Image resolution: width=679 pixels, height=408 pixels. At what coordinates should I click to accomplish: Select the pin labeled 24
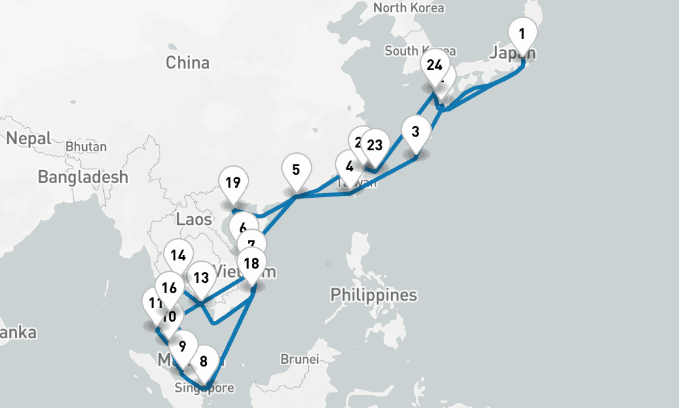pos(435,66)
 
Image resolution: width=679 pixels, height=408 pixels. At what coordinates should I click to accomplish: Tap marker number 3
pos(416,131)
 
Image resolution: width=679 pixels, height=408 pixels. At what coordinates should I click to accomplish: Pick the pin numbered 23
pos(375,145)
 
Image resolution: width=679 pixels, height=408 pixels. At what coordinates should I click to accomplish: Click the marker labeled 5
pos(296,169)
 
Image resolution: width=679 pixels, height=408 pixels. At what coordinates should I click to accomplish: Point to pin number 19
pos(233,183)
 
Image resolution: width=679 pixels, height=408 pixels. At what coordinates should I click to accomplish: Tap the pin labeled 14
pos(179,256)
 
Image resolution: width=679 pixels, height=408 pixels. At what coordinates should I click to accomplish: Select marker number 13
pos(201,277)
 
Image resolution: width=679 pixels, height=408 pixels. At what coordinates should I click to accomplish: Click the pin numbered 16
pos(169,288)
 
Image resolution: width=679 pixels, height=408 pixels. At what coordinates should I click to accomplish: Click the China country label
pos(187,63)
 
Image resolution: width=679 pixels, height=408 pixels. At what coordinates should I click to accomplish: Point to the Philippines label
pos(373,295)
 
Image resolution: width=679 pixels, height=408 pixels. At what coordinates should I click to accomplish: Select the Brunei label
pos(299,358)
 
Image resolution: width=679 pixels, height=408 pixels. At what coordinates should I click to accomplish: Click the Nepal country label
pos(29,138)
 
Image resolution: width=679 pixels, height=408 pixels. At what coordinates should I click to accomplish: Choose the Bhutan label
pos(86,146)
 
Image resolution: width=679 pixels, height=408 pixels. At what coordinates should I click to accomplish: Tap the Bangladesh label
pos(83,177)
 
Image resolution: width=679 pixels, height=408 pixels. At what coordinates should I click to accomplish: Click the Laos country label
pos(194,219)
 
